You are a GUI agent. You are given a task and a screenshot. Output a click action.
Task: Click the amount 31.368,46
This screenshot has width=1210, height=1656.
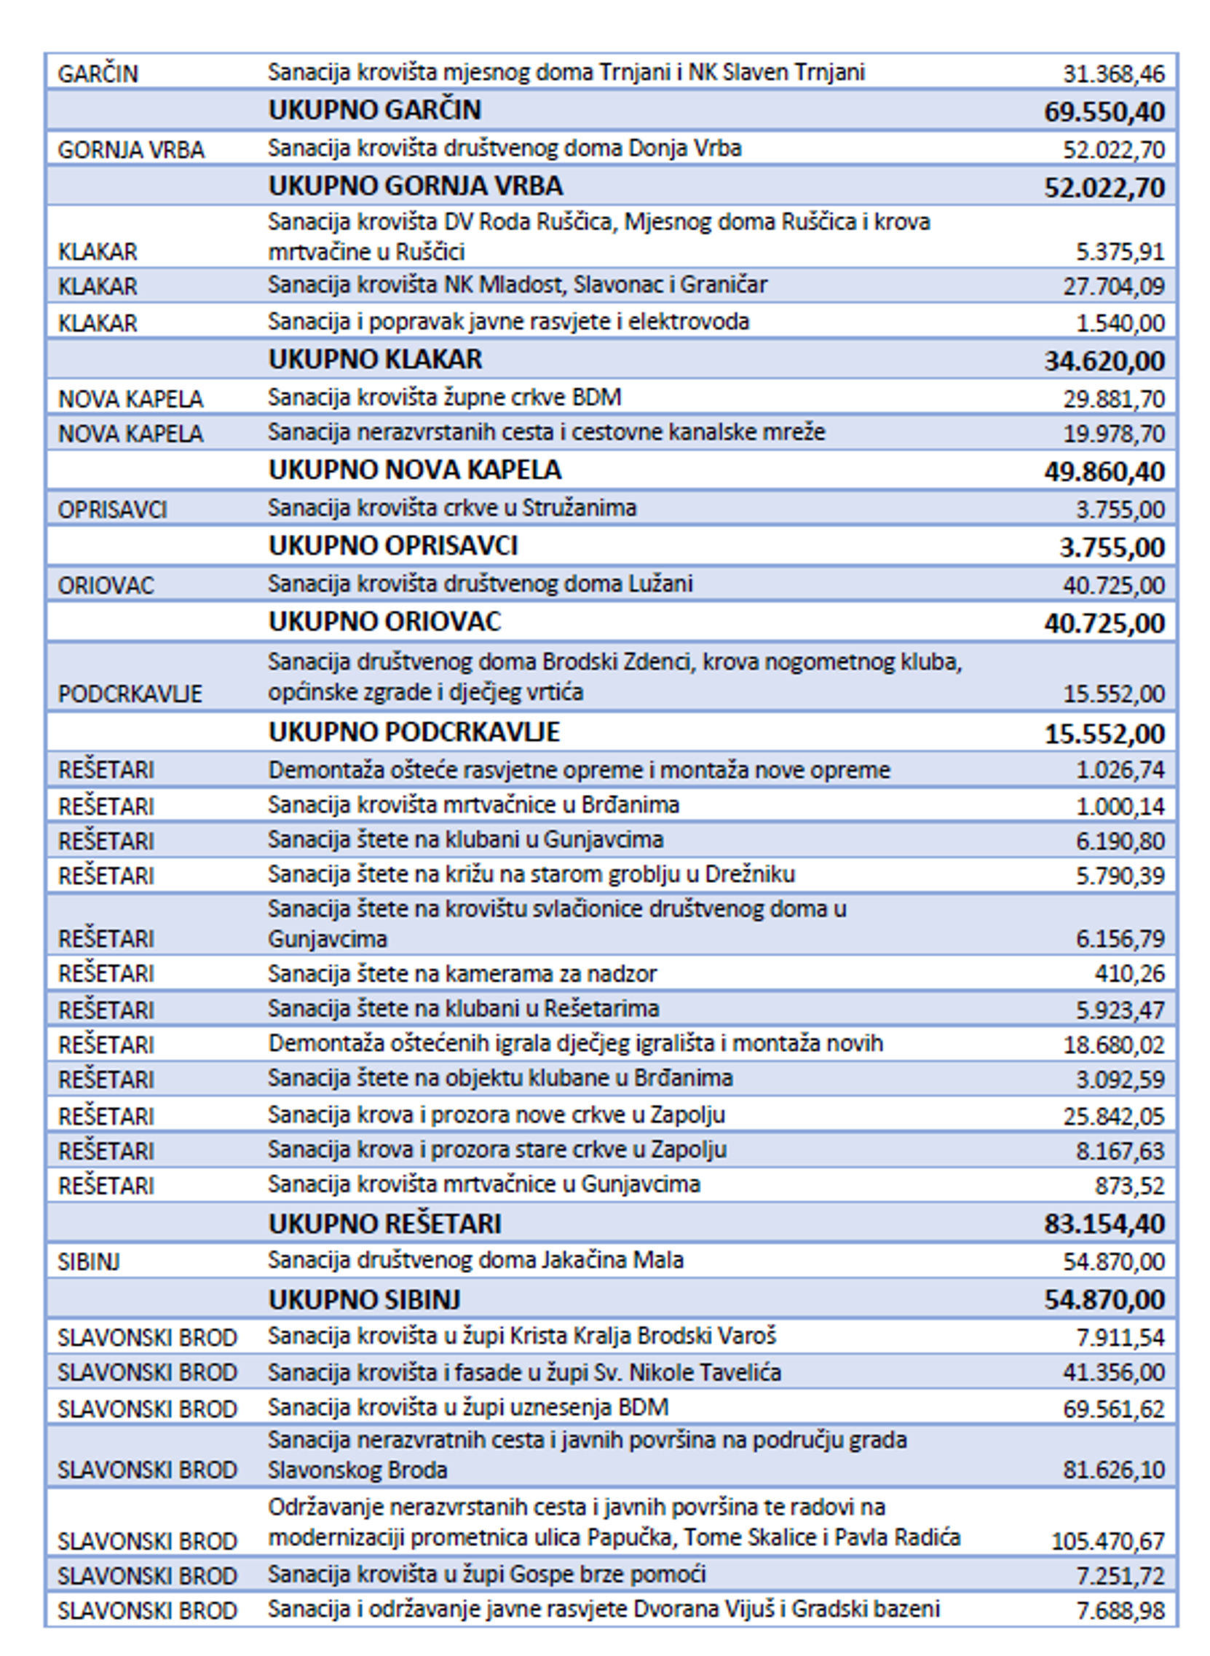click(x=1113, y=74)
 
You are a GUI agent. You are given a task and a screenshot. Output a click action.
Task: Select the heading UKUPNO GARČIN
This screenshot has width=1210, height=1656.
click(x=374, y=110)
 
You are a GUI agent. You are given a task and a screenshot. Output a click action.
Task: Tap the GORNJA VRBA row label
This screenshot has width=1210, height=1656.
click(x=131, y=150)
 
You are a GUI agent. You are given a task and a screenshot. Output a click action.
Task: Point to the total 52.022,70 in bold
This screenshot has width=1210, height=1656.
click(x=1104, y=188)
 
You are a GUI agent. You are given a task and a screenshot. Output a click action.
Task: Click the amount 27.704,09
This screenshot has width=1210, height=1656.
click(x=1113, y=285)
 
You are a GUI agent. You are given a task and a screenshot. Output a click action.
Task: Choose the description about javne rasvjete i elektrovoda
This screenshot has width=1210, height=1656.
click(x=508, y=322)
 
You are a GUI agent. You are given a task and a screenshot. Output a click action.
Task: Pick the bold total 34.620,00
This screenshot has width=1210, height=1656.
click(x=1104, y=360)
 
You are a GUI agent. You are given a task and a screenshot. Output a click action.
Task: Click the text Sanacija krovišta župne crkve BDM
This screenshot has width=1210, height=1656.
click(x=445, y=397)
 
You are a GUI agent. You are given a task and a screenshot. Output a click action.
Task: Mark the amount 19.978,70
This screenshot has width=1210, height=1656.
click(x=1113, y=434)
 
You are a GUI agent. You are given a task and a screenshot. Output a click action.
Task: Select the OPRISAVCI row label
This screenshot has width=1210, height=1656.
click(x=113, y=510)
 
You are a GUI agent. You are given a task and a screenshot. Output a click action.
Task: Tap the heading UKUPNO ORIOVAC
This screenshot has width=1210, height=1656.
click(x=384, y=621)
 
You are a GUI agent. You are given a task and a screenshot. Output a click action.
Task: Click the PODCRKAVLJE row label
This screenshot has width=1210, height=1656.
click(x=130, y=694)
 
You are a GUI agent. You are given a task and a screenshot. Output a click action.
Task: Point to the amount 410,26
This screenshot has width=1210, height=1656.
click(x=1128, y=973)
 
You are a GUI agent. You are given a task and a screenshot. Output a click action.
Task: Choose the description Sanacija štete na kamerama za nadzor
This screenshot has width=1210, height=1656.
click(x=462, y=973)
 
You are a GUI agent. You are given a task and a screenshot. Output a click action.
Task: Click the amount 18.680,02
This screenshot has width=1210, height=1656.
click(x=1113, y=1045)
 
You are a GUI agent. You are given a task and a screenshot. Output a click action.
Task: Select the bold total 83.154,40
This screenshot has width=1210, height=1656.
click(x=1104, y=1224)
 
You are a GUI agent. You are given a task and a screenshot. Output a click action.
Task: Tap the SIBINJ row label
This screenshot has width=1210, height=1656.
click(x=89, y=1261)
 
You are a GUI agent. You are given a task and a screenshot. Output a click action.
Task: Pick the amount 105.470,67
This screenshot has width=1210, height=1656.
click(x=1107, y=1541)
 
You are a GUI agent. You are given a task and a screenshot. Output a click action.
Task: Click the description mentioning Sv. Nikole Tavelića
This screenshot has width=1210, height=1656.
click(x=524, y=1372)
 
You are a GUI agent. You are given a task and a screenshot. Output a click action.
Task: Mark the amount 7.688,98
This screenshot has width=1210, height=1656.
click(x=1120, y=1610)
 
